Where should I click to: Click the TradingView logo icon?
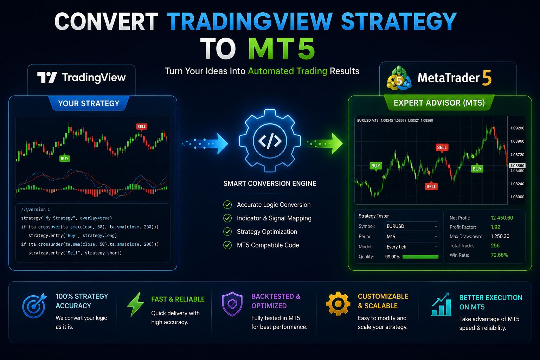[47, 77]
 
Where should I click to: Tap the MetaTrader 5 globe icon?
[399, 78]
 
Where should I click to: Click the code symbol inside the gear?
[270, 141]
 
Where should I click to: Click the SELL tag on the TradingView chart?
[142, 127]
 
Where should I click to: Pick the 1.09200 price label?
[517, 128]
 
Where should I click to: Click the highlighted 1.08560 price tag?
[517, 166]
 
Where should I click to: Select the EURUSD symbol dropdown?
[412, 226]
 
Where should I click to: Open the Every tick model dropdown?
[412, 247]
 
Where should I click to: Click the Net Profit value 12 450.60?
[502, 218]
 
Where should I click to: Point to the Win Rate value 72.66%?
[499, 255]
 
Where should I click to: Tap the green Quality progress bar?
[420, 257]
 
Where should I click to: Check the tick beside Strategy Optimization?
[227, 231]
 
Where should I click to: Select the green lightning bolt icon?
[135, 304]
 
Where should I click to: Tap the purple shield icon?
[232, 304]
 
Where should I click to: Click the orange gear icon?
[338, 304]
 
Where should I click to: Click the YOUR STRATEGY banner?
[89, 103]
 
